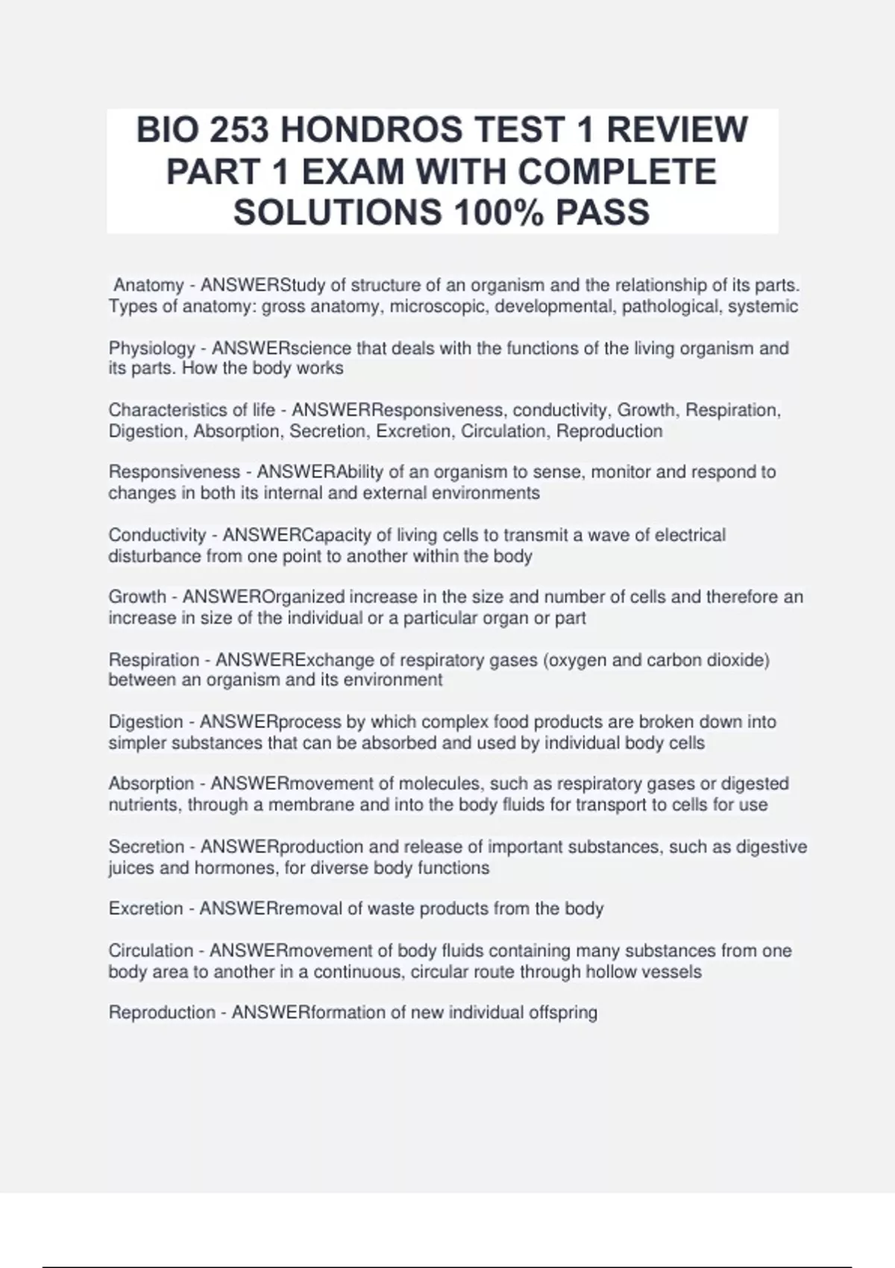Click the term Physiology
point(151,348)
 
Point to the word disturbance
point(154,556)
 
